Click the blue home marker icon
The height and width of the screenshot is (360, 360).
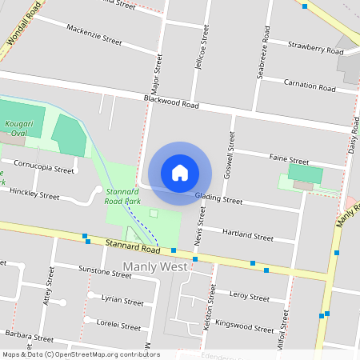click(179, 172)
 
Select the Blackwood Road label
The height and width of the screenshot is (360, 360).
click(171, 101)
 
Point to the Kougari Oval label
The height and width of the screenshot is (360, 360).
click(18, 129)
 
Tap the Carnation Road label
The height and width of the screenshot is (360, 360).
click(310, 86)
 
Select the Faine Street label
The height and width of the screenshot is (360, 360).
click(289, 160)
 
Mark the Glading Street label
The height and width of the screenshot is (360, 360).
click(218, 198)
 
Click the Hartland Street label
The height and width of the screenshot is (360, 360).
click(247, 236)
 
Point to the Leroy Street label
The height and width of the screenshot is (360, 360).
click(250, 296)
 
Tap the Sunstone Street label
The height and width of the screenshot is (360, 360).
click(105, 273)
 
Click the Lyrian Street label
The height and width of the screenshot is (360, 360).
click(122, 301)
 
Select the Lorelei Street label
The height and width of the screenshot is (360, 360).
click(118, 326)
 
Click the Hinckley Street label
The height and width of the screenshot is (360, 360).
click(33, 194)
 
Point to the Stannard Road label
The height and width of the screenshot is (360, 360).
click(132, 244)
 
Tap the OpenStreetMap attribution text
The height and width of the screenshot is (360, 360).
click(81, 354)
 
